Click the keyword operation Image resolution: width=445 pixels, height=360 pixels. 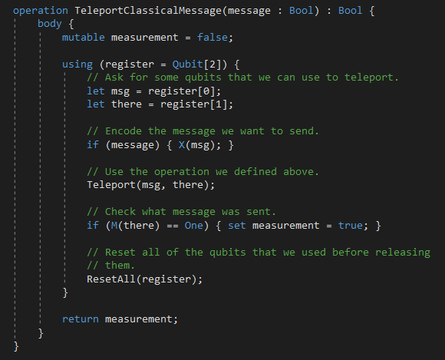pos(41,11)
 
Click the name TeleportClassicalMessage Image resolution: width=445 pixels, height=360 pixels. pos(148,11)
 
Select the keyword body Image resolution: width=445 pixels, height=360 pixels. pos(49,24)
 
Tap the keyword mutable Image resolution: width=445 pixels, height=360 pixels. pos(84,37)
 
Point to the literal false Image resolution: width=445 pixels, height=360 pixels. pos(213,37)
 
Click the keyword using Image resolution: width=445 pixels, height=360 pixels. pos(77,64)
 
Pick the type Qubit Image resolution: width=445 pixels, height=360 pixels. pos(188,64)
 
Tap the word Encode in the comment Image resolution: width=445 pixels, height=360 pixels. pos(124,131)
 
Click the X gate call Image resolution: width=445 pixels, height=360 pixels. pos(182,145)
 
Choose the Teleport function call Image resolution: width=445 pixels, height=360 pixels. pos(111,185)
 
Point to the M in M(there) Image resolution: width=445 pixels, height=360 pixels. pos(114,226)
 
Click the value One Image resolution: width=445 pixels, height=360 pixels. pos(194,226)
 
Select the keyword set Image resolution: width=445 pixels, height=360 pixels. pos(236,226)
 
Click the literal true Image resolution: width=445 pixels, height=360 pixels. pos(350,226)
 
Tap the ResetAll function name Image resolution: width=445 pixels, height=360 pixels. pos(111,279)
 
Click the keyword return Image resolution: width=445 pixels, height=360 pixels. pos(81,319)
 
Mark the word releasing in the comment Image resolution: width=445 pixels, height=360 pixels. pos(403,253)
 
